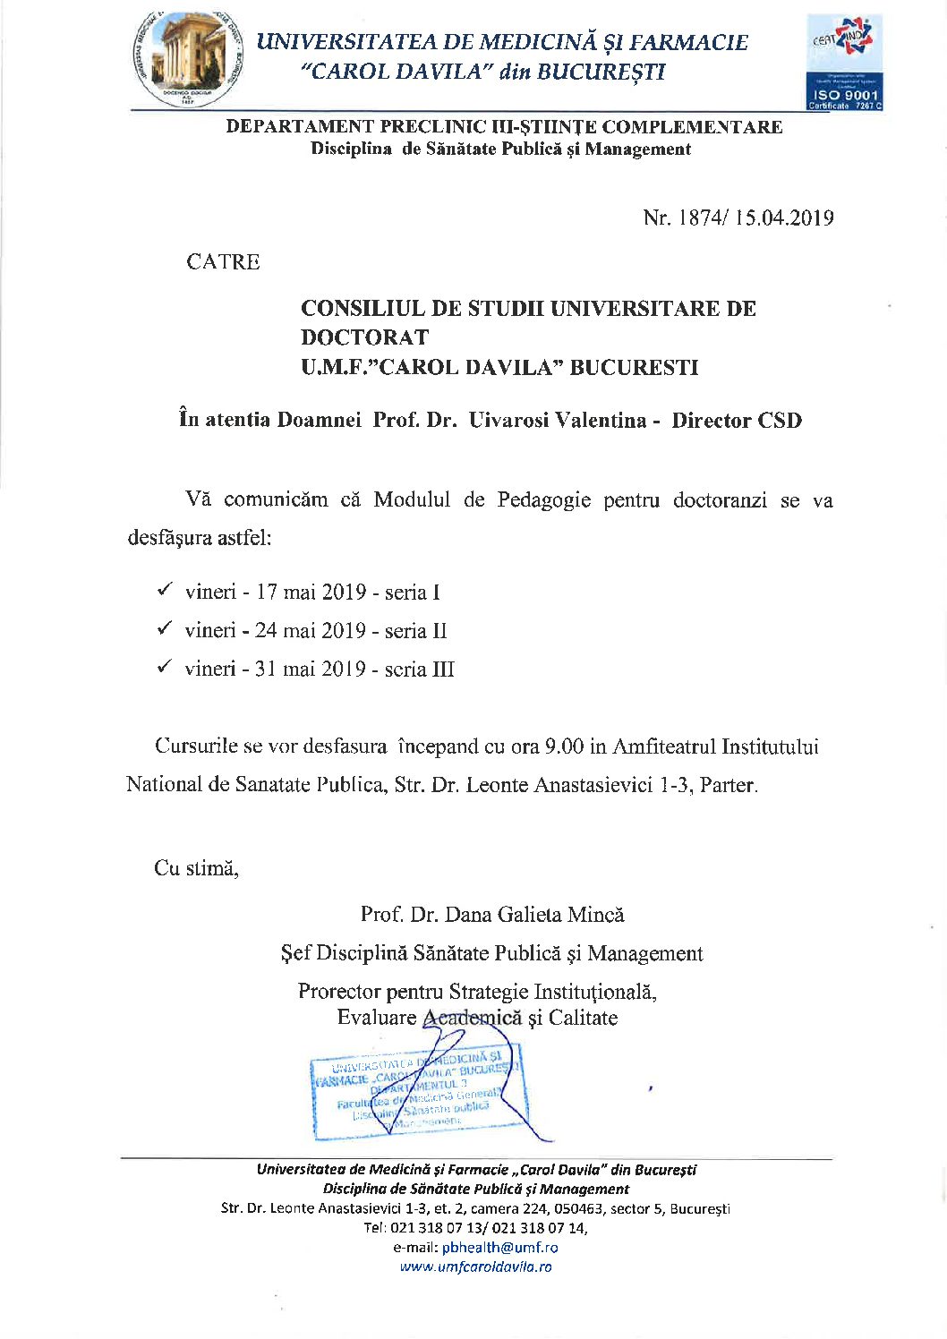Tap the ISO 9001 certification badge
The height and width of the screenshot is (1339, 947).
pyautogui.click(x=844, y=63)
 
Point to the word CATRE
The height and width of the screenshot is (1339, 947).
pyautogui.click(x=223, y=262)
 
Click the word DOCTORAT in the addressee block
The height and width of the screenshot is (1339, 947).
pyautogui.click(x=364, y=337)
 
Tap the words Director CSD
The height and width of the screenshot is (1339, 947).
pyautogui.click(x=737, y=420)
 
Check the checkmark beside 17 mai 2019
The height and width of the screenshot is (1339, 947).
pyautogui.click(x=165, y=590)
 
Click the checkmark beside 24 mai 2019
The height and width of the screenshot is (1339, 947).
pyautogui.click(x=165, y=628)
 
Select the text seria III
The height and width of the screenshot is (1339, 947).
pyautogui.click(x=419, y=669)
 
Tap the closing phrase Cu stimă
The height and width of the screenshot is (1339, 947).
pyautogui.click(x=196, y=867)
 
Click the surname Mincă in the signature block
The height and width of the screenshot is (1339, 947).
pyautogui.click(x=596, y=914)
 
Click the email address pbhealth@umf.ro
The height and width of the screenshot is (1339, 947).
pyautogui.click(x=499, y=1247)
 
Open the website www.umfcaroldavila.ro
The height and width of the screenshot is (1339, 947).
pyautogui.click(x=475, y=1267)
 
